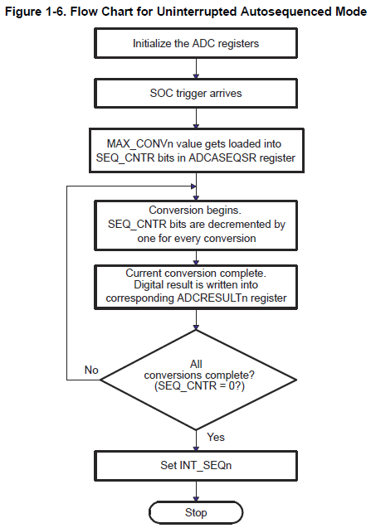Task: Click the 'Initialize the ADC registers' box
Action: tap(197, 43)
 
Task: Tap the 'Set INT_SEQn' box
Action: tap(197, 464)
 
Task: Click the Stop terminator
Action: tap(197, 513)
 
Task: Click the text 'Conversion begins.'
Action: tap(197, 210)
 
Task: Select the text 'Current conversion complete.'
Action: tap(197, 271)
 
